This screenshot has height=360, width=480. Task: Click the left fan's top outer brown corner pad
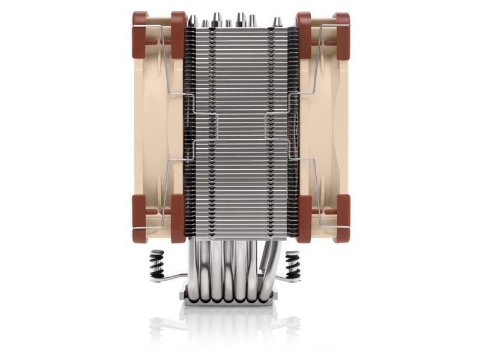click(x=140, y=27)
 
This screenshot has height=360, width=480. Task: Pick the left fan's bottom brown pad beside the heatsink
click(x=178, y=218)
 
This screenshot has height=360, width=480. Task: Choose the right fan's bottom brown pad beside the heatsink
click(x=304, y=218)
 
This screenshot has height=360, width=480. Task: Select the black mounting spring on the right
click(x=293, y=263)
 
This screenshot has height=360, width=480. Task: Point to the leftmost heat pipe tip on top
click(x=193, y=21)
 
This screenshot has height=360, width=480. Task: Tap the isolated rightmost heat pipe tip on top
click(x=277, y=22)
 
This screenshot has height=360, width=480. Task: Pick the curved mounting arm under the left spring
click(x=171, y=277)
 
